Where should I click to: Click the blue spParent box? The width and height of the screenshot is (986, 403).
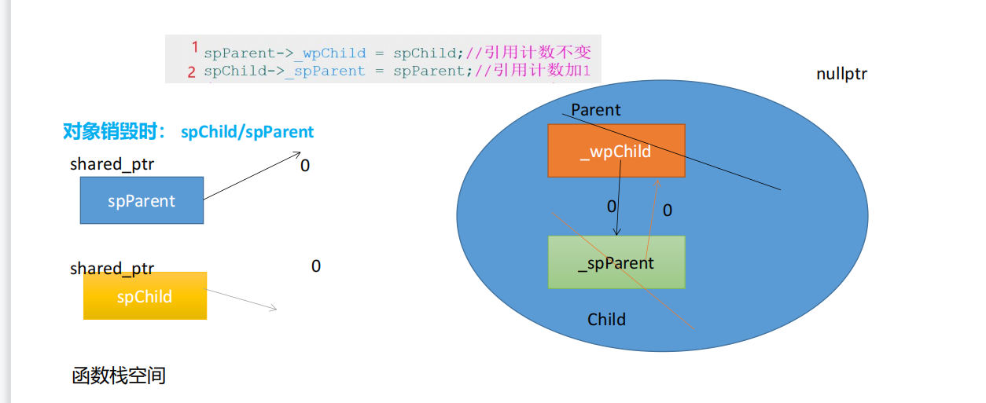point(142,200)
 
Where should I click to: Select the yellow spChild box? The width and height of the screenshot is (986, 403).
point(145,296)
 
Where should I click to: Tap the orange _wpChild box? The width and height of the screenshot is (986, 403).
point(616,150)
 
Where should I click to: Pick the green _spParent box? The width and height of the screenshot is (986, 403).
point(616,262)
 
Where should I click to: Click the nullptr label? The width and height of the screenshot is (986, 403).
point(841,75)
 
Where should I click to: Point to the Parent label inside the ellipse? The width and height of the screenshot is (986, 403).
point(596,110)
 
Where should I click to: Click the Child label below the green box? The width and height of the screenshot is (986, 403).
point(606,319)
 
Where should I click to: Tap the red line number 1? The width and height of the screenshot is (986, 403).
point(194,48)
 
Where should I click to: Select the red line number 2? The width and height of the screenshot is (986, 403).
point(192,72)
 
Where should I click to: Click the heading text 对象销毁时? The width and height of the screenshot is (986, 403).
point(115,132)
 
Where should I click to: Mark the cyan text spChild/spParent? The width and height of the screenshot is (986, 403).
point(247,132)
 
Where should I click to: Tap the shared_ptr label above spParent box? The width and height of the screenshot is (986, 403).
point(112,165)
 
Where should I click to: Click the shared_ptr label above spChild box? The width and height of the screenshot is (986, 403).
point(112,269)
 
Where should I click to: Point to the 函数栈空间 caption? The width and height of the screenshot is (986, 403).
point(119,376)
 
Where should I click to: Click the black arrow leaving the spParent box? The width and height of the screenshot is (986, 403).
point(248,177)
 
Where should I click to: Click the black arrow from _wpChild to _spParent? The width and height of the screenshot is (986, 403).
point(618,204)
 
